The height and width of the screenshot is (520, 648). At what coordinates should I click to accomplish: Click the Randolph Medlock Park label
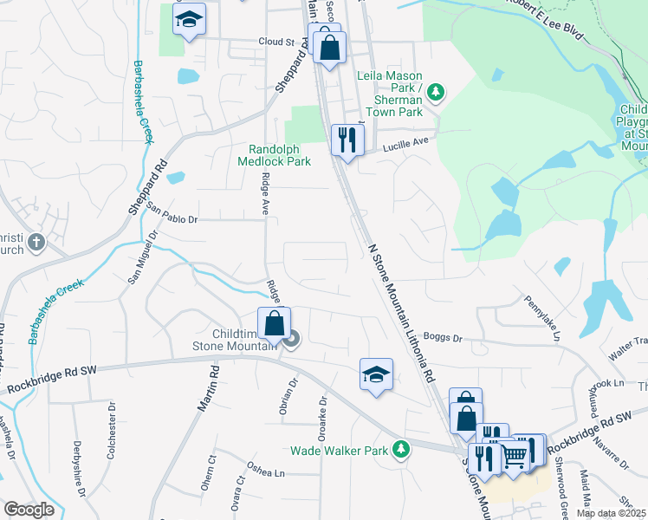(x=274, y=155)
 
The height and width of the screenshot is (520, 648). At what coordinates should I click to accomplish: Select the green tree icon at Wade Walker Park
(x=400, y=449)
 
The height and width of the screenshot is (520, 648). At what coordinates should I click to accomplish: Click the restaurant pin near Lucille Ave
(x=347, y=140)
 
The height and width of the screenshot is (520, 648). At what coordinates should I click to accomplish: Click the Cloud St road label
(x=277, y=42)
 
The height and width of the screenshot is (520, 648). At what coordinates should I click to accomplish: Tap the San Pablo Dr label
(x=172, y=214)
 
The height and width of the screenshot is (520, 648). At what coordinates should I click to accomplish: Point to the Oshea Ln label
(x=266, y=473)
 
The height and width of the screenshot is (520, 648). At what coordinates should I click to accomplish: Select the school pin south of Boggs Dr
(x=376, y=374)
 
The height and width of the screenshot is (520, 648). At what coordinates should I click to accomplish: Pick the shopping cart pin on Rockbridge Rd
(x=515, y=453)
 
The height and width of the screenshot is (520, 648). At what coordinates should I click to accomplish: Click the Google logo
(x=29, y=510)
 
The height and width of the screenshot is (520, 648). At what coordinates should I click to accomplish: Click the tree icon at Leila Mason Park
(x=437, y=90)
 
